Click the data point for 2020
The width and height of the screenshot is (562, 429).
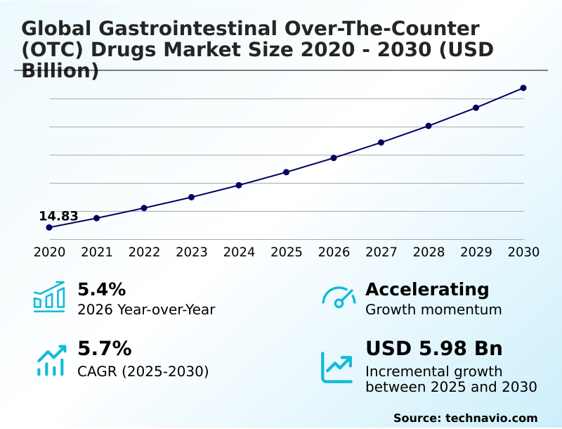[49, 228]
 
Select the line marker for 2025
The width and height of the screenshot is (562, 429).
[287, 172]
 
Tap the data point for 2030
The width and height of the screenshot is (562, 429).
[523, 88]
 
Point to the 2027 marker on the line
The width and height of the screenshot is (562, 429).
[381, 142]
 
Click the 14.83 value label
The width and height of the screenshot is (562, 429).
[58, 216]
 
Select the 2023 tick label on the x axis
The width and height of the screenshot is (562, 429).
[192, 252]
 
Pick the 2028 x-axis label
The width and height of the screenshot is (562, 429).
[429, 252]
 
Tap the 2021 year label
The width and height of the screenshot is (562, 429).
[97, 252]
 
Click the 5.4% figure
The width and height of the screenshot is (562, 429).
[101, 289]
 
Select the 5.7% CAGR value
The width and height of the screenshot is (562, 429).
[104, 349]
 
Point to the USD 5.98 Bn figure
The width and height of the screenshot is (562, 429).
[434, 349]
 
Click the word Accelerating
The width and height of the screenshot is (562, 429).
[427, 289]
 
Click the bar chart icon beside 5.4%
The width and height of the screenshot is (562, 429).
[49, 297]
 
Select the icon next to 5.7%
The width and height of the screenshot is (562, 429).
[51, 360]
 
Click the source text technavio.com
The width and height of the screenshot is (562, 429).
[491, 418]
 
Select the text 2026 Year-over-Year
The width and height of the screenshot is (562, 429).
[146, 309]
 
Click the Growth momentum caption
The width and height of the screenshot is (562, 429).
[433, 309]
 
